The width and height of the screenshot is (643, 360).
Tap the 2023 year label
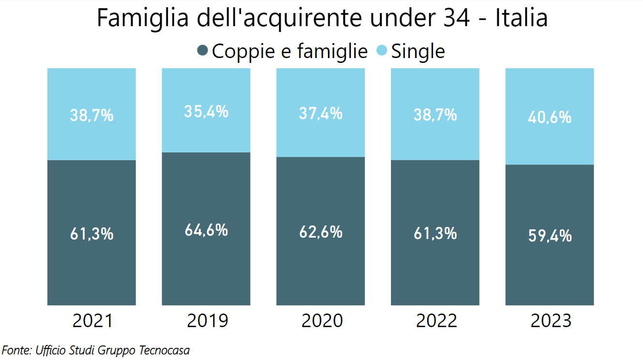pos(550,321)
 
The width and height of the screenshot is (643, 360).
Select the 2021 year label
pos(92,321)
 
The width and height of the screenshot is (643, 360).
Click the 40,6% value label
pos(550,117)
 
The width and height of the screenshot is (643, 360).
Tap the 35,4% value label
pos(206,111)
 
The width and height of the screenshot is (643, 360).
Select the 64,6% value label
pos(206,230)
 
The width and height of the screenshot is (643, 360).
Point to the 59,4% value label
pos(550,236)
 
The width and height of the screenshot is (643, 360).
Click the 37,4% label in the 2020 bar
pos(321,113)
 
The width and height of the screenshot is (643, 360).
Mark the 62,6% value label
pos(321,232)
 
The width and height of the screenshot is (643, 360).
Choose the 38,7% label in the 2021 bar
pos(92,115)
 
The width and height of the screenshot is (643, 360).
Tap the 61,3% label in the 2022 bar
pos(435,233)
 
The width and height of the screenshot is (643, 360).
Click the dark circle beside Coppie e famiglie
pos(203,50)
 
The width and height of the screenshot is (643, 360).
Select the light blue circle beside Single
pos(382,50)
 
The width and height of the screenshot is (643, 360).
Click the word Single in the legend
pos(418,51)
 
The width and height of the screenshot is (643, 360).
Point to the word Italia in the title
pos(521,18)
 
